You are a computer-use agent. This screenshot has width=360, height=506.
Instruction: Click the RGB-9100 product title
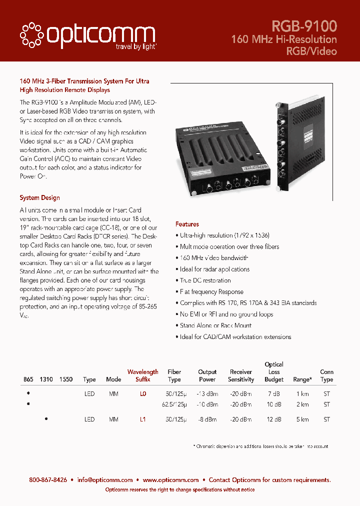pyautogui.click(x=304, y=25)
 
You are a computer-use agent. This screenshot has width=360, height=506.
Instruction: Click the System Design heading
pyautogui.click(x=39, y=197)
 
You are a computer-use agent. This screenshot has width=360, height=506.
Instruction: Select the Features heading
pyautogui.click(x=187, y=224)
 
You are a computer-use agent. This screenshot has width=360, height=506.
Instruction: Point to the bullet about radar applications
pyautogui.click(x=214, y=269)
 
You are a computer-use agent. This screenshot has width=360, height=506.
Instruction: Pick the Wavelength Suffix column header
pyautogui.click(x=142, y=375)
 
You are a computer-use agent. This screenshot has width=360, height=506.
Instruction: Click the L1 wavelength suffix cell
pyautogui.click(x=142, y=419)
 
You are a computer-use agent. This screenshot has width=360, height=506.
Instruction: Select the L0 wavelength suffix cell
pyautogui.click(x=142, y=394)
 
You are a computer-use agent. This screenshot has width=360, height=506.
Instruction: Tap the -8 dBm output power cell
pyautogui.click(x=207, y=419)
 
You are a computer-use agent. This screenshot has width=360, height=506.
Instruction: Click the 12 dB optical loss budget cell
pyautogui.click(x=274, y=419)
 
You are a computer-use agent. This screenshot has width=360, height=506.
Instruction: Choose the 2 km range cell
pyautogui.click(x=302, y=404)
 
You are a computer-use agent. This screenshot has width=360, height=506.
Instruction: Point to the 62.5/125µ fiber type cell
pyautogui.click(x=174, y=404)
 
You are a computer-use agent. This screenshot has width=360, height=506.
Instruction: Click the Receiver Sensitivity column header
pyautogui.click(x=240, y=375)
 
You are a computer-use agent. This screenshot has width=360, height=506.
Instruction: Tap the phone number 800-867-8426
pyautogui.click(x=48, y=480)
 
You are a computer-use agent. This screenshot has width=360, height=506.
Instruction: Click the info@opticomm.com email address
pyautogui.click(x=105, y=480)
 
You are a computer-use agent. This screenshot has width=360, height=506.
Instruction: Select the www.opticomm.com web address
pyautogui.click(x=171, y=480)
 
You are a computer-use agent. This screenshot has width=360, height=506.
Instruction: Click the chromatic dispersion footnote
pyautogui.click(x=260, y=446)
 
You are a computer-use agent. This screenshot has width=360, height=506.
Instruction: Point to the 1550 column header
pyautogui.click(x=65, y=379)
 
